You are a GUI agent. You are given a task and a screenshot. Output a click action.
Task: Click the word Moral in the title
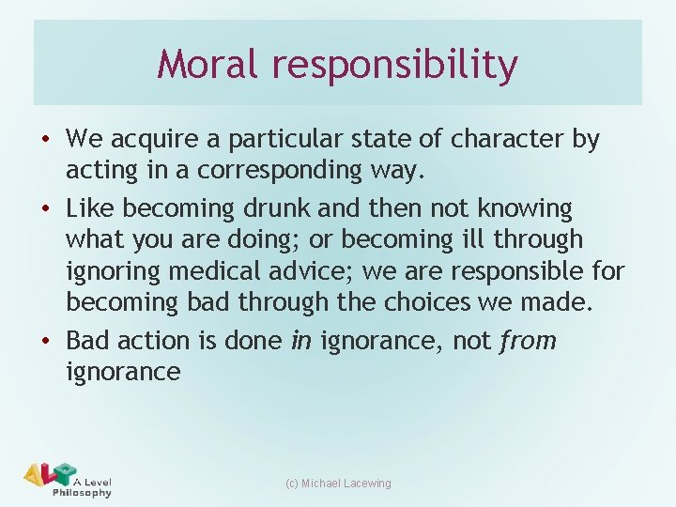[207, 64]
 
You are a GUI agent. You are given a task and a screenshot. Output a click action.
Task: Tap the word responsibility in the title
[395, 66]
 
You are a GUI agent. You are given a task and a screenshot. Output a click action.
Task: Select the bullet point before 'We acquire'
[47, 140]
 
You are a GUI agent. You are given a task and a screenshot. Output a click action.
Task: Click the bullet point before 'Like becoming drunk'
[47, 207]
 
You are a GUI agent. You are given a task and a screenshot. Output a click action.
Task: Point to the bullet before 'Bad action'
[47, 340]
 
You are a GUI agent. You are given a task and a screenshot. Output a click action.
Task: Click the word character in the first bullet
[508, 140]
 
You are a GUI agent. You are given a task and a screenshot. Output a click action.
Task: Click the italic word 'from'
[528, 340]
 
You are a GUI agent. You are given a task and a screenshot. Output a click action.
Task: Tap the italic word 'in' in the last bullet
[300, 340]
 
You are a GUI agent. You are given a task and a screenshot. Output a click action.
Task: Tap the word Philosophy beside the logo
[82, 492]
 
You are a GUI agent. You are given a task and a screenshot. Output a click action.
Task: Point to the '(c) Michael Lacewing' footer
[338, 484]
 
